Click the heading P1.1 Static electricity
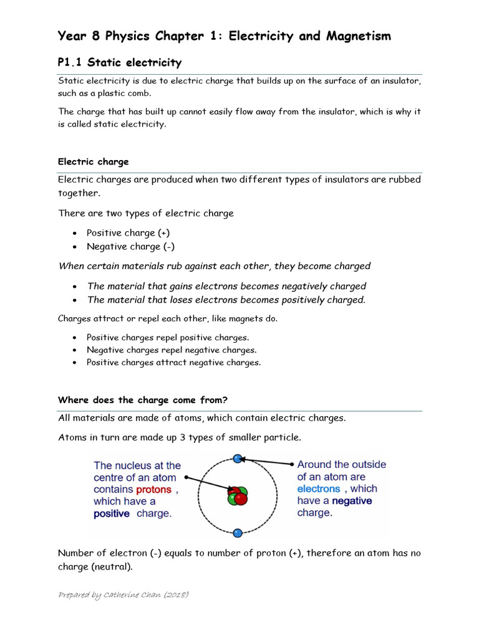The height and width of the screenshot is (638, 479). [x=119, y=62]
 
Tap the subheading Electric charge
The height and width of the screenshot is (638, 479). [x=93, y=161]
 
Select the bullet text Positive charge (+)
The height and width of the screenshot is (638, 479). [x=128, y=232]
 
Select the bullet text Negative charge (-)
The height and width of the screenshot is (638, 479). [x=130, y=246]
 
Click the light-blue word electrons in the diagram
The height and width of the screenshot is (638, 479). [x=319, y=489]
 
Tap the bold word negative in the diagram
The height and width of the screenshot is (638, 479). [x=351, y=501]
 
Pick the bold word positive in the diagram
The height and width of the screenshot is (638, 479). [x=112, y=514]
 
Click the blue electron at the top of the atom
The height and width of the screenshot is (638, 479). [x=238, y=459]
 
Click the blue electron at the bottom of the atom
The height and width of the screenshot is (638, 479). [x=238, y=533]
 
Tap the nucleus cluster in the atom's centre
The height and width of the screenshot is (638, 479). [x=237, y=496]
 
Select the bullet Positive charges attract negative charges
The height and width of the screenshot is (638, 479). [x=173, y=363]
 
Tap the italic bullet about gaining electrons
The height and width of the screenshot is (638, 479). [x=226, y=286]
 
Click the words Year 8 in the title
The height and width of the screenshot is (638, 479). [x=80, y=36]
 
